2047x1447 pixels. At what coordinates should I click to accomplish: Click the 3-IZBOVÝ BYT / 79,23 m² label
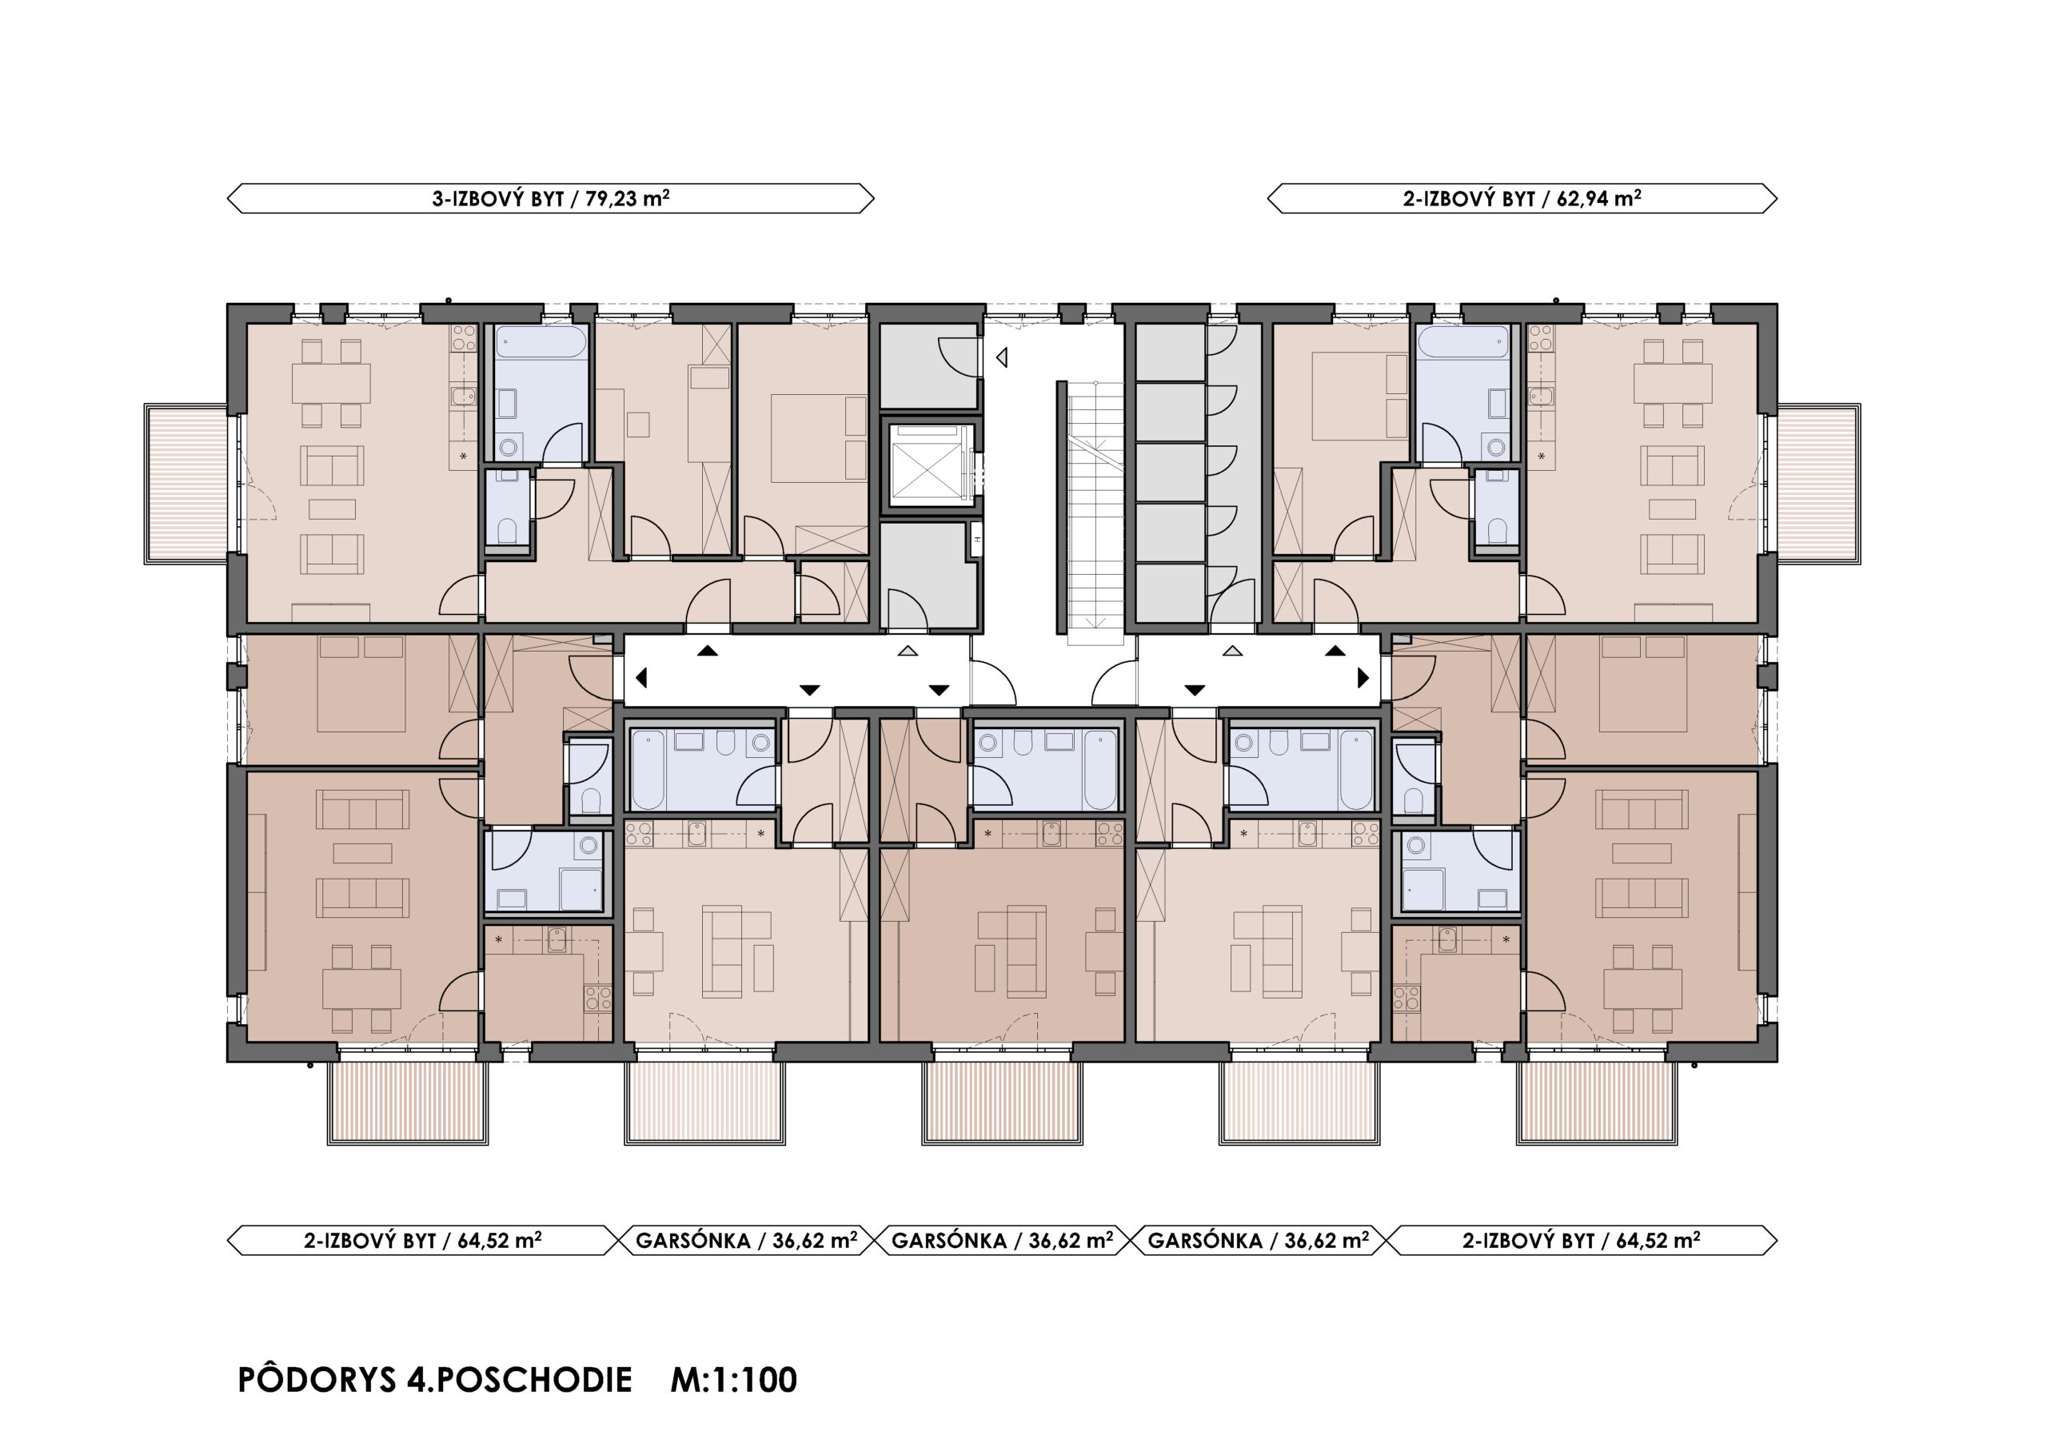[550, 198]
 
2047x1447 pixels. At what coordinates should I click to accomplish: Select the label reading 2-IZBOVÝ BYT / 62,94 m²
[1522, 198]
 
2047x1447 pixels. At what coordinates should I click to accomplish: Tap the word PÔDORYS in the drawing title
[317, 1380]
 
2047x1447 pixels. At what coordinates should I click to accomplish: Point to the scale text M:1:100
[734, 1380]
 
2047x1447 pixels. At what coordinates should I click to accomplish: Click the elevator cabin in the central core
[928, 464]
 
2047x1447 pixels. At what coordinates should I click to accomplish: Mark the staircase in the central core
[1095, 512]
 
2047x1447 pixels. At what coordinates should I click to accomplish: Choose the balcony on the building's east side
[1819, 484]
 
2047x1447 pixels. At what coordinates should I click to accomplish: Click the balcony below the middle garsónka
[1002, 1103]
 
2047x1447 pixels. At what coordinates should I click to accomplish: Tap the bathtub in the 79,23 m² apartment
[541, 341]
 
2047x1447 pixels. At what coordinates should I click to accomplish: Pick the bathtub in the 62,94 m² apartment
[1463, 341]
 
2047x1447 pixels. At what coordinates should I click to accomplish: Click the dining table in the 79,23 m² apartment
[331, 384]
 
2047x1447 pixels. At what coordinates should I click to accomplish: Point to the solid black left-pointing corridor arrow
[641, 678]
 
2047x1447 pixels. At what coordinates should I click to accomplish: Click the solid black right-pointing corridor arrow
[1363, 678]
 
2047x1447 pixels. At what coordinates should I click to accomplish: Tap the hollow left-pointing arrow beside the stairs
[1001, 357]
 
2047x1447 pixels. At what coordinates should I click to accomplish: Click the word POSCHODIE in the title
[533, 1380]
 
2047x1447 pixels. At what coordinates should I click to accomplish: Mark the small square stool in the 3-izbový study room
[637, 424]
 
